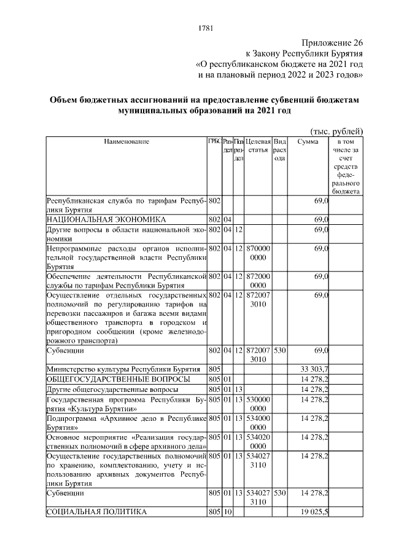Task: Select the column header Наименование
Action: pos(126,141)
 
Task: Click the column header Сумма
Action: pos(308,141)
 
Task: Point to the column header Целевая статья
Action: pos(257,146)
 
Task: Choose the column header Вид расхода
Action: pos(279,149)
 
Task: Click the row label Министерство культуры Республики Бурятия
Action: pos(123,369)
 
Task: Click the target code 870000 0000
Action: pos(257,254)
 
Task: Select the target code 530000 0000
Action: pos(257,404)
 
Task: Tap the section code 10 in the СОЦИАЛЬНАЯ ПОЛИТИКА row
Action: pos(227,511)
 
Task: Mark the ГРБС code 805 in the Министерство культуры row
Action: pos(214,369)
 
